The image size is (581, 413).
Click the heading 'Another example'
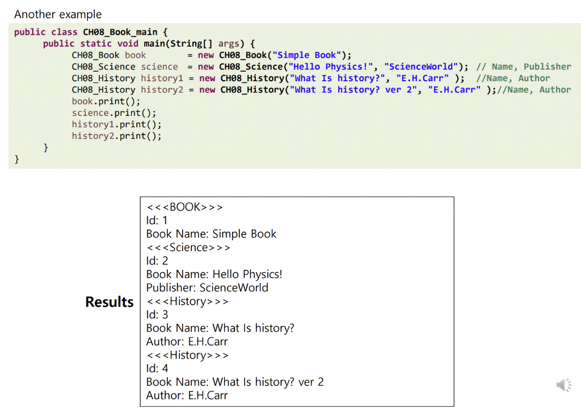coord(58,14)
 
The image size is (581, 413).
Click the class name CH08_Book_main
coord(125,32)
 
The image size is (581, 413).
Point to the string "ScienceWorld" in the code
coord(422,66)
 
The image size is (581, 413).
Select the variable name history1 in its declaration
coord(162,78)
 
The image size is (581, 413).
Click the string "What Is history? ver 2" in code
coord(352,90)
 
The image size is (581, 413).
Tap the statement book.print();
coord(106,101)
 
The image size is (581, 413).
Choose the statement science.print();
coord(114,113)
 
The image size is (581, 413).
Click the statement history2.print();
coord(117,136)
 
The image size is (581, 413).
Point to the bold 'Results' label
coord(110,302)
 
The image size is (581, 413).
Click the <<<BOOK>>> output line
coord(184,207)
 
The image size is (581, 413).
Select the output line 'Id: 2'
coord(157,261)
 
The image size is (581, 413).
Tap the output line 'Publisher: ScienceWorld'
coord(207,287)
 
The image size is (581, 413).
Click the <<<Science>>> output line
coord(188,247)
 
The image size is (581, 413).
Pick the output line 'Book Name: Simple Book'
coord(212,233)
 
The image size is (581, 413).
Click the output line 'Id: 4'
coord(157,368)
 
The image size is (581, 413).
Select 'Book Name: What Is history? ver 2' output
coord(235,382)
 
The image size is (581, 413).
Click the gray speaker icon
coord(563,385)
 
